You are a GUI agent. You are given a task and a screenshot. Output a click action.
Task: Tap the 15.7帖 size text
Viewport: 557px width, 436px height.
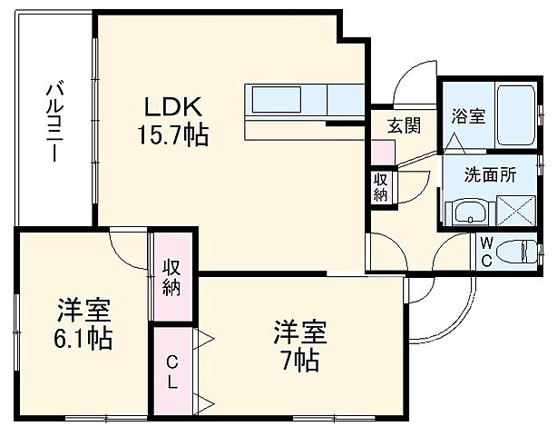(171, 136)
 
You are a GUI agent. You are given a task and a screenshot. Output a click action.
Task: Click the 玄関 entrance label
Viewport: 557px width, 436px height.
(404, 126)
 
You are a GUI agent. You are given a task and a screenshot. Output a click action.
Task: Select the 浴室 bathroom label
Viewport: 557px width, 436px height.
(468, 116)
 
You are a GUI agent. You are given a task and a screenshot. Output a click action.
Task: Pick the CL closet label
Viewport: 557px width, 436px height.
(171, 372)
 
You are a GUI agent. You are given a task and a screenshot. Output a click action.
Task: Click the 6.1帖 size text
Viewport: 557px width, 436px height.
(82, 340)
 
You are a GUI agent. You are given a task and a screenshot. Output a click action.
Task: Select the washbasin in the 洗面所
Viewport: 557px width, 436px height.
(469, 214)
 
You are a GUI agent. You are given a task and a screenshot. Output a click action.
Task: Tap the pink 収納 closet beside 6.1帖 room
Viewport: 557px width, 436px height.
(172, 277)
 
